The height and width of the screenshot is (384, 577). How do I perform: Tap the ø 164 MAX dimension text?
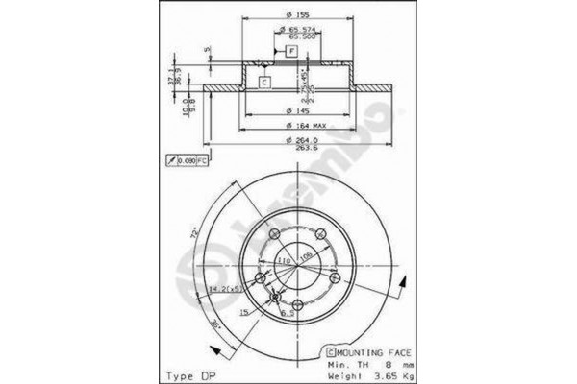pyautogui.click(x=308, y=127)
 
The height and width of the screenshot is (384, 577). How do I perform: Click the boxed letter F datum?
pyautogui.click(x=290, y=49)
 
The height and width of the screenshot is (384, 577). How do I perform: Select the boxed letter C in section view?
pyautogui.click(x=263, y=83)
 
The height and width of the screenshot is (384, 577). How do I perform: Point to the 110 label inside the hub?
pyautogui.click(x=285, y=260)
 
